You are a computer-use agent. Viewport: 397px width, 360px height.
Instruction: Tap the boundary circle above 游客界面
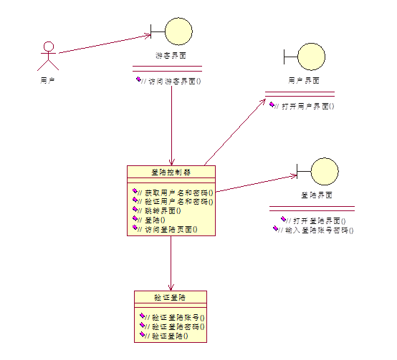(x=178, y=31)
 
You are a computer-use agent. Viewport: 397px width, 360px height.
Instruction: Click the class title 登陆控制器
(x=171, y=172)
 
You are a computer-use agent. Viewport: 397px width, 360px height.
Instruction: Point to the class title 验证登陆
(x=170, y=297)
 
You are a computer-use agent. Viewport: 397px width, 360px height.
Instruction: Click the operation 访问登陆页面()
(x=171, y=230)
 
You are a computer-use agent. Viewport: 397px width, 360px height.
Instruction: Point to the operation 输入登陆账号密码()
(x=319, y=230)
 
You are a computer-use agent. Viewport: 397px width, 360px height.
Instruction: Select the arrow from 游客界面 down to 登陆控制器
(x=171, y=122)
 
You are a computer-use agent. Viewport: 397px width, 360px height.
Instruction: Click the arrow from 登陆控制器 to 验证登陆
(x=171, y=262)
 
